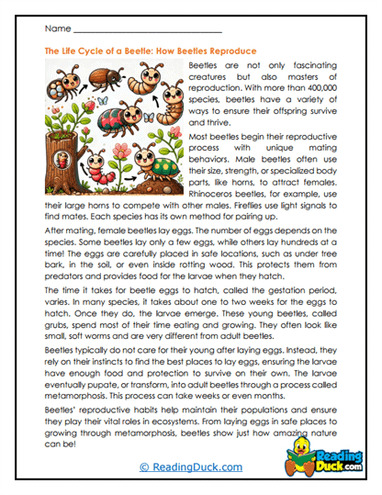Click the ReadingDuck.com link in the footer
189,467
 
